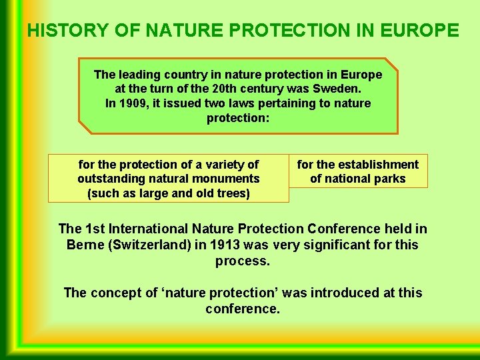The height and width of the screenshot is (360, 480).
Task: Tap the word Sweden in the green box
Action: coord(339,89)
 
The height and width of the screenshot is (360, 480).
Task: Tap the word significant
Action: coord(340,245)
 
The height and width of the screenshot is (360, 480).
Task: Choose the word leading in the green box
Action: coord(139,75)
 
